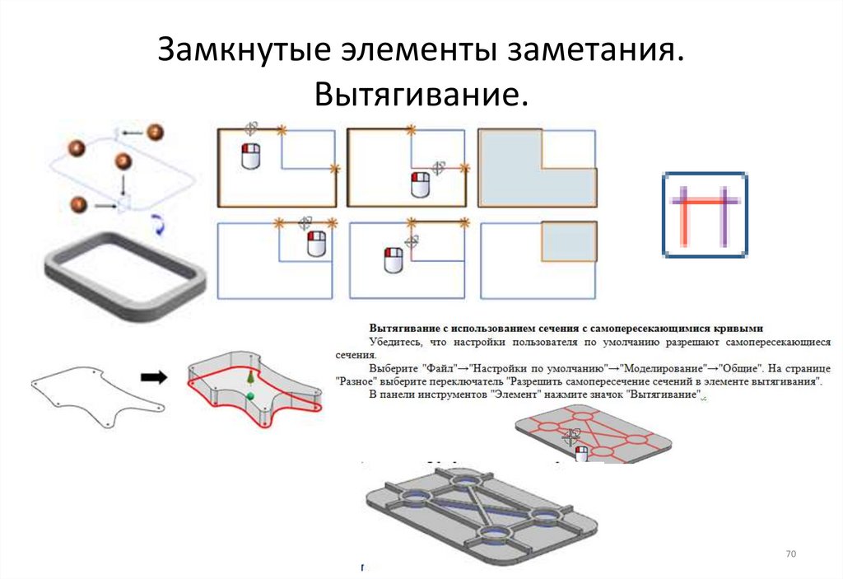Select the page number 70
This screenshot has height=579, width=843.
coord(792,553)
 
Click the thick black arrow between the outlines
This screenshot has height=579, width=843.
coord(153,377)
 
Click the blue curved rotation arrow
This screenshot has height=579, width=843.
coord(160,223)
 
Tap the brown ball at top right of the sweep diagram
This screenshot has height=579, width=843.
coord(155,132)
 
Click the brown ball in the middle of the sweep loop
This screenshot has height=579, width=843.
coord(123,161)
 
